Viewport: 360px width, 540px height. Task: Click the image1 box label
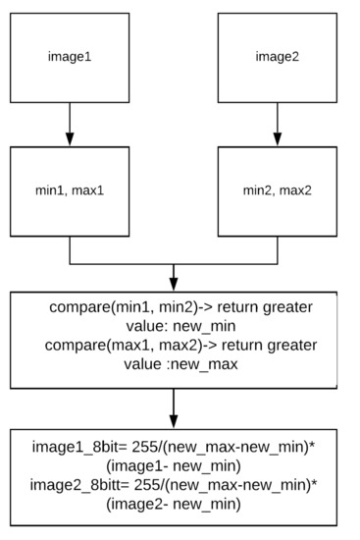(70, 56)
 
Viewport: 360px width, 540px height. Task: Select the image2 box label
(277, 56)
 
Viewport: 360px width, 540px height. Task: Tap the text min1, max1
(70, 189)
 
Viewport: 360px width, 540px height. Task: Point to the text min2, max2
(277, 189)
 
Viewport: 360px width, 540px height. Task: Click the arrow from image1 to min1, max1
(70, 123)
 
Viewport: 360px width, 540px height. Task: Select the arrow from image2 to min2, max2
(277, 123)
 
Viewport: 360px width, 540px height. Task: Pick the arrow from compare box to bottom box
(174, 407)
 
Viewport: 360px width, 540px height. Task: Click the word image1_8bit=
(86, 449)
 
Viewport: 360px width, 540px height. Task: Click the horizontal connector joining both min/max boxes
(174, 264)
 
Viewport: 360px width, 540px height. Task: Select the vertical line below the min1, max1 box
(70, 251)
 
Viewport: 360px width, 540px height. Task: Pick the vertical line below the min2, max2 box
(277, 251)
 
